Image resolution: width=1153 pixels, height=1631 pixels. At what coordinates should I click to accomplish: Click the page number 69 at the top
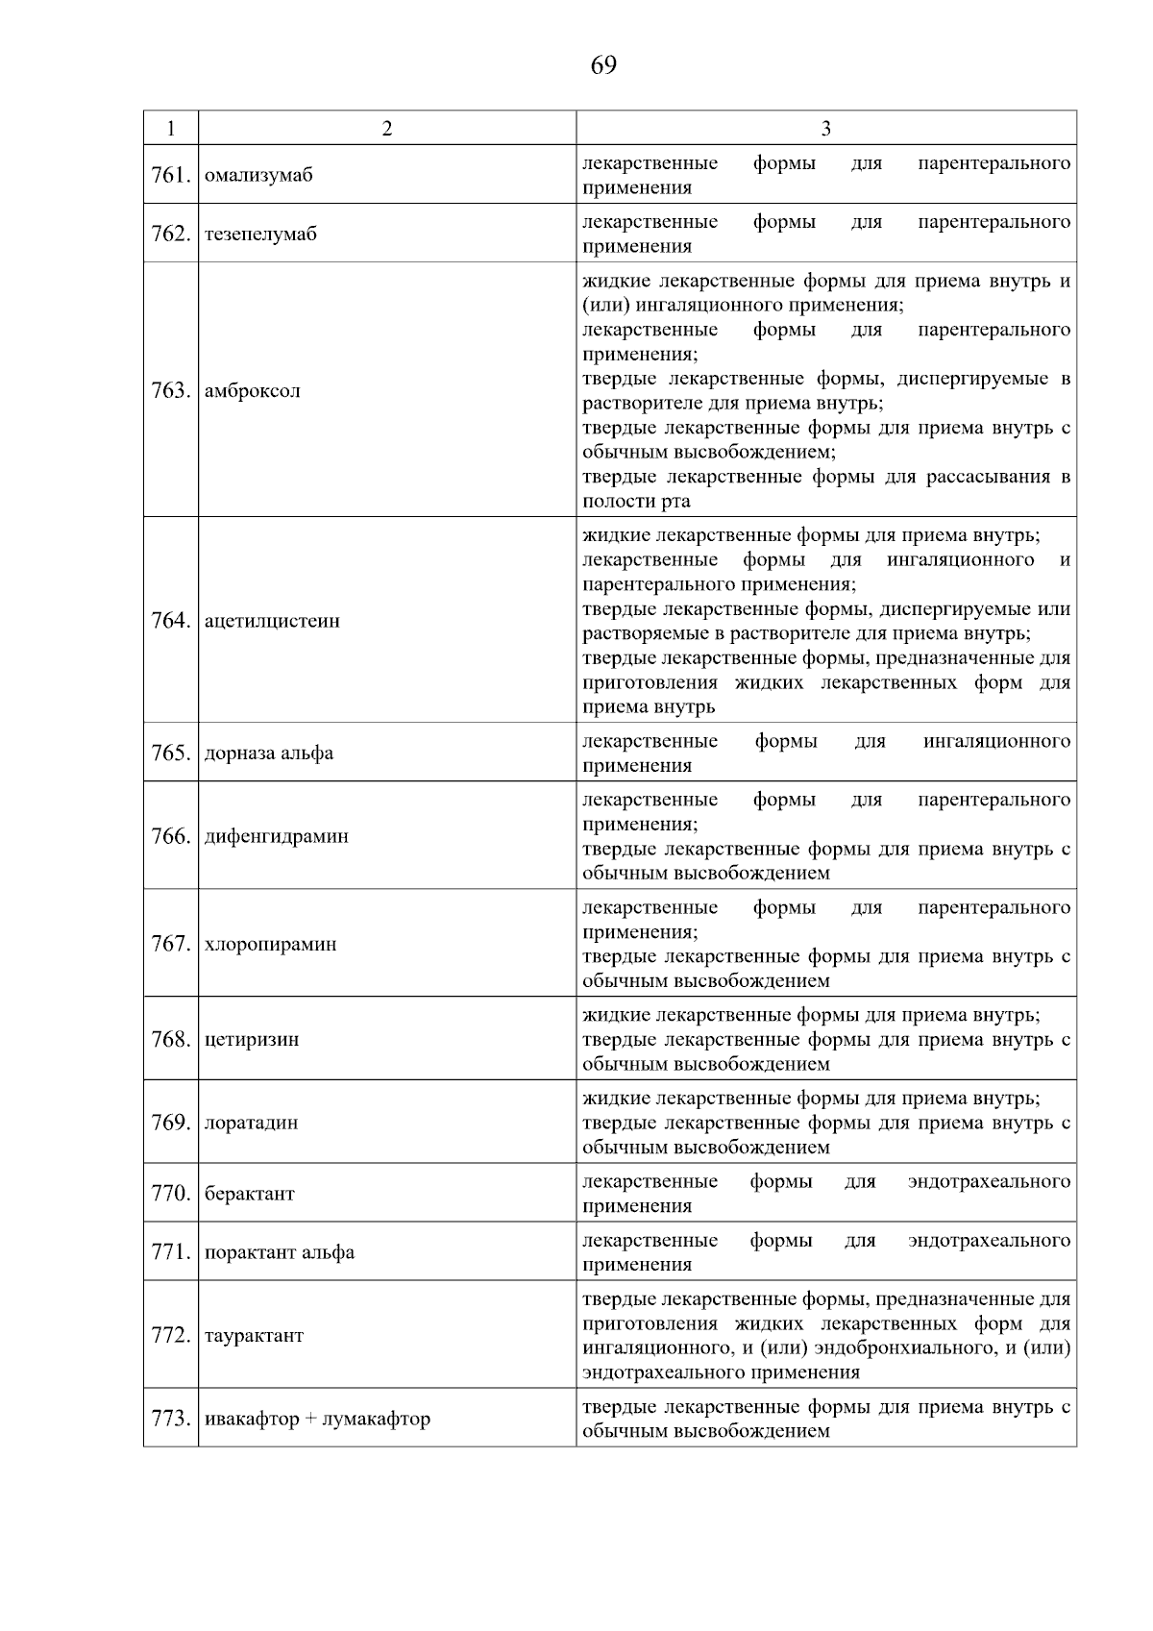(603, 65)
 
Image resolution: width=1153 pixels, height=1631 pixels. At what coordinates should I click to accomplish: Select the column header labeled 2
(386, 128)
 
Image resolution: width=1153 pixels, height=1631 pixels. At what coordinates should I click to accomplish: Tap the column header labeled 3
(825, 128)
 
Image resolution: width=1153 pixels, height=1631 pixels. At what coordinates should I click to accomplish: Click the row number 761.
(171, 175)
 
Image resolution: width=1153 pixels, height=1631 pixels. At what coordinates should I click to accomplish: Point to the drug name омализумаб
(258, 176)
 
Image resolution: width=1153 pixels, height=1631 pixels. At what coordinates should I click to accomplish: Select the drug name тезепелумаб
(260, 235)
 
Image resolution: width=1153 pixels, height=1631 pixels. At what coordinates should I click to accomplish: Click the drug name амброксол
(253, 391)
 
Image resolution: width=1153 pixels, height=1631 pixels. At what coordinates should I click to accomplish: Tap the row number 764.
(171, 621)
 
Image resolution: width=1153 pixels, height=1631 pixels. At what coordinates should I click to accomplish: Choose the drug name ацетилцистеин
(272, 621)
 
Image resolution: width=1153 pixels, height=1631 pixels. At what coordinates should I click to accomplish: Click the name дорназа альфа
(269, 754)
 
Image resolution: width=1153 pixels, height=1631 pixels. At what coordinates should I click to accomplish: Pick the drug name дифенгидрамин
(277, 836)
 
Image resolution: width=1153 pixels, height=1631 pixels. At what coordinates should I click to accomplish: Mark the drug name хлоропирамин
(271, 944)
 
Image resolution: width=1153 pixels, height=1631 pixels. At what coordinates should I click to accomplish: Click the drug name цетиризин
(252, 1040)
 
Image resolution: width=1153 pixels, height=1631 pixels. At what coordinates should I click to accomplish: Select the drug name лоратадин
(252, 1123)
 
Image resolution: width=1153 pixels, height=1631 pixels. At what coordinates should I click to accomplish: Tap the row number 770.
(171, 1194)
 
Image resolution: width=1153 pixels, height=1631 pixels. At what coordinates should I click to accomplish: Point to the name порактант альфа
(280, 1252)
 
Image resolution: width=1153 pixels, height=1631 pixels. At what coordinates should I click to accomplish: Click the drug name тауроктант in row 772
(254, 1336)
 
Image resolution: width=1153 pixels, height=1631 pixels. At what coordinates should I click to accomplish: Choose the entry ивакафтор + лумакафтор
(317, 1419)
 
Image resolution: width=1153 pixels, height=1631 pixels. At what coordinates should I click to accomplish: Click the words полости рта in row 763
(636, 502)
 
